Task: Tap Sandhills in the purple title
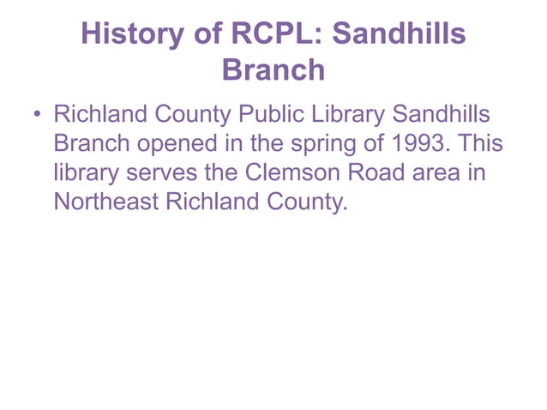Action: tap(400, 33)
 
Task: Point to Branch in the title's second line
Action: tap(273, 69)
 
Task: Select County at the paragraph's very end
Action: tap(308, 202)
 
